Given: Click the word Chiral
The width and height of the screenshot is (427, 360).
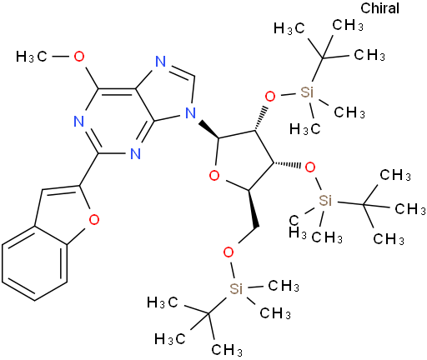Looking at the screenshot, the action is coord(379,8).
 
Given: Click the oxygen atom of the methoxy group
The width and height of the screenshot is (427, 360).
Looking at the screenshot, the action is coord(79,57).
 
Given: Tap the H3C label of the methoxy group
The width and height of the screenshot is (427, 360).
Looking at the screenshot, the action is coord(32,57).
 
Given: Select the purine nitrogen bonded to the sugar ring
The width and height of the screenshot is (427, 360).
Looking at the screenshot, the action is coord(190,113).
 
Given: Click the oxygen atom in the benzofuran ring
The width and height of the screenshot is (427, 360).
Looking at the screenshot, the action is coord(94,219).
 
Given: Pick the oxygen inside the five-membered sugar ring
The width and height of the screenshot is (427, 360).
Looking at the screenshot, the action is coord(214,176).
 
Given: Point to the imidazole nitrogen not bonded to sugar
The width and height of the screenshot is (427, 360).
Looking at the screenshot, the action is coord(161,62).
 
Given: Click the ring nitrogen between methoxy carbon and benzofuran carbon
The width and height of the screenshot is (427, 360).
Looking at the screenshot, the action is coord(79,122).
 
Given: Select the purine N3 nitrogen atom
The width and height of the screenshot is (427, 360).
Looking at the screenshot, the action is coord(135,153).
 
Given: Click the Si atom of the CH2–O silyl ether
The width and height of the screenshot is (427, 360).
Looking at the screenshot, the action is coord(236,289).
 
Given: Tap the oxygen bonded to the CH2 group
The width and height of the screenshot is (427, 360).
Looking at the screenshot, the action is coord(229,252).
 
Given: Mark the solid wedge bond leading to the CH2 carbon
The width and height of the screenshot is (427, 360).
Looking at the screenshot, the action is coord(254,207).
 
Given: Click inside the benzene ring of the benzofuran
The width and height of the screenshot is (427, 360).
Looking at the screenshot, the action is coord(35,264).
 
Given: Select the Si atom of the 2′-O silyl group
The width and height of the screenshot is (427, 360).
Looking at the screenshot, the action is coord(307,92).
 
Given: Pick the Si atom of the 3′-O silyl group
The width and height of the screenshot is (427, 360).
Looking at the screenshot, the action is coord(325,200).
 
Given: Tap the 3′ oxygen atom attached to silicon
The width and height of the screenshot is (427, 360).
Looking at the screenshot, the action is coord(310,167).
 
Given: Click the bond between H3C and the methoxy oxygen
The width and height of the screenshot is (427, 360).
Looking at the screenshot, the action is coord(61,57).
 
